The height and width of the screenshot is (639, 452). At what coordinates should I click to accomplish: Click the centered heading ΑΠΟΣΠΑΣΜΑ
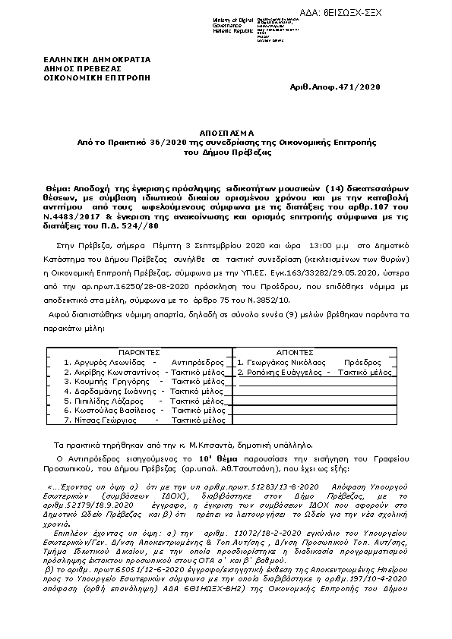pyautogui.click(x=226, y=131)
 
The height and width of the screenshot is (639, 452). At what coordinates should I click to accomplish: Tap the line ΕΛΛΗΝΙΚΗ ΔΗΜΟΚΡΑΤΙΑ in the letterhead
pyautogui.click(x=96, y=59)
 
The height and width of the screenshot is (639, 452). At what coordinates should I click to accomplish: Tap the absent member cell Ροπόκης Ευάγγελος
pyautogui.click(x=315, y=373)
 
